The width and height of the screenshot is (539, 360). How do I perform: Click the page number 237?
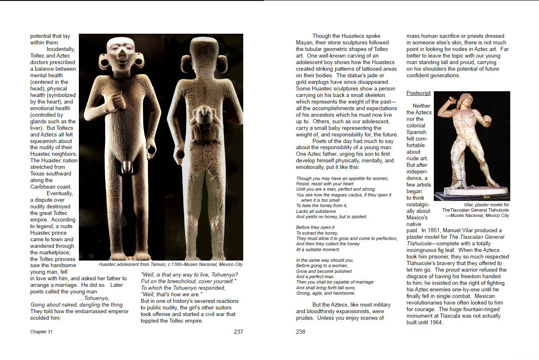pos(238,332)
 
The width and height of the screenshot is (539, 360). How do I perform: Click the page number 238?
pos(301,332)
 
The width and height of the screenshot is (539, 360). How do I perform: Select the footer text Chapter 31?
pos(41,332)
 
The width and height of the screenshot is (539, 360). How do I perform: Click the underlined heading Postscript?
pos(418,93)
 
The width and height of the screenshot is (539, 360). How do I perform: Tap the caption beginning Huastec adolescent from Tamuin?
pos(170,265)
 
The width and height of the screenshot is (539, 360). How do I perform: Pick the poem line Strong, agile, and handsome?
pos(326,293)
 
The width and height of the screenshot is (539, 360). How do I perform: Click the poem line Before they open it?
pos(315,227)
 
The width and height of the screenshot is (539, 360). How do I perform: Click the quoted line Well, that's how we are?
pos(171,295)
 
